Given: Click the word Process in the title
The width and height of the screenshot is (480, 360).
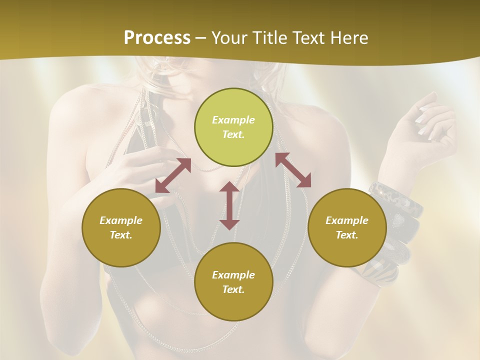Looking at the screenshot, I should click(x=157, y=38).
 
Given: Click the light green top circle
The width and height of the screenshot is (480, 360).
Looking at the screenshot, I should click(x=233, y=127).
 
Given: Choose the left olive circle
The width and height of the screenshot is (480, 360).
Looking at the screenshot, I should click(x=121, y=227).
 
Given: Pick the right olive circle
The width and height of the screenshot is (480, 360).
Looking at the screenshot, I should click(x=347, y=227).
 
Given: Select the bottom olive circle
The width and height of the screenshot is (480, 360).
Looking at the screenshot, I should click(x=233, y=281).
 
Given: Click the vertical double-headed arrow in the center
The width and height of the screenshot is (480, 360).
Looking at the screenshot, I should click(x=229, y=205).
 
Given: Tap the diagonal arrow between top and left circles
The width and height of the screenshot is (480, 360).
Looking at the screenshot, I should click(x=173, y=175).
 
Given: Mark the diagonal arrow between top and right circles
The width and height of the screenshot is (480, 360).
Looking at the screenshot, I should click(x=293, y=170).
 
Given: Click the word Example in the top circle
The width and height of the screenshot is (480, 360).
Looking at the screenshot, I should click(x=233, y=120).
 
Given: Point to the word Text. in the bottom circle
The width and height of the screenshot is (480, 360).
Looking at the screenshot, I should click(x=233, y=289).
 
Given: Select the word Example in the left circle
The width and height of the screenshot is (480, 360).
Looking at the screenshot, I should click(x=121, y=220).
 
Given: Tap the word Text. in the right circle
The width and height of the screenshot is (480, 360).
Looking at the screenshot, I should click(x=347, y=235).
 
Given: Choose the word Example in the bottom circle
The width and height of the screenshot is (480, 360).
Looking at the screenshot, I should click(x=233, y=275).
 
